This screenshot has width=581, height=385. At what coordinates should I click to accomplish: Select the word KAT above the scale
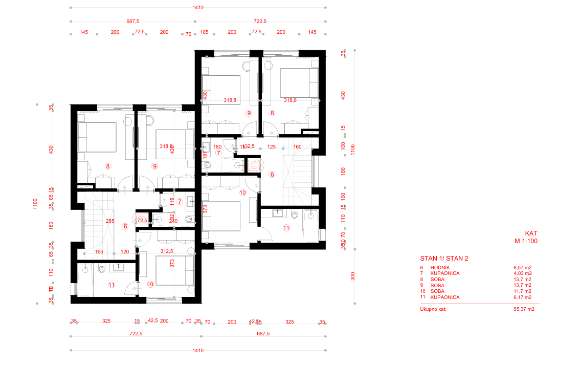(531, 232)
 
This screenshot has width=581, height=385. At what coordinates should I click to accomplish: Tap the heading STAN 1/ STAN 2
(444, 259)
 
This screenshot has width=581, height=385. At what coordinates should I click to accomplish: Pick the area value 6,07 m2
(522, 267)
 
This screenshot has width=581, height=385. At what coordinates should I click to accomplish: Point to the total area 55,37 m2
(523, 309)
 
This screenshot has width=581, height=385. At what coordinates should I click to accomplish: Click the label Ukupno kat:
(433, 309)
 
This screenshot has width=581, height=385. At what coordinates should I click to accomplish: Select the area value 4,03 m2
(522, 273)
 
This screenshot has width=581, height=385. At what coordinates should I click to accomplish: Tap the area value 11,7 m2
(522, 291)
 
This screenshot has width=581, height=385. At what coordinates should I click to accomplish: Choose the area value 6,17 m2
(522, 297)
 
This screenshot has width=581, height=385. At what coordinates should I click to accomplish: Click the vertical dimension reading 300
(353, 276)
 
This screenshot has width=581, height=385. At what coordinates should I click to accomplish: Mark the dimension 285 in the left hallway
(109, 222)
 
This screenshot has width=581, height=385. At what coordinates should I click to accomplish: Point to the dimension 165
(99, 252)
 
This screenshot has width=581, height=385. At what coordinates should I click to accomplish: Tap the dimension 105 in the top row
(204, 32)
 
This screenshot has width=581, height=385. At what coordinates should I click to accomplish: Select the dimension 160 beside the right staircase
(297, 147)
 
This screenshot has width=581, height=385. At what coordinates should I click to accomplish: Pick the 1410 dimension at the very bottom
(198, 351)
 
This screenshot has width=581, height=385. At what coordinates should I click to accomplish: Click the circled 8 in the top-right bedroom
(272, 113)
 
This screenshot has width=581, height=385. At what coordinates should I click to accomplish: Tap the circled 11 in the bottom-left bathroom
(111, 285)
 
